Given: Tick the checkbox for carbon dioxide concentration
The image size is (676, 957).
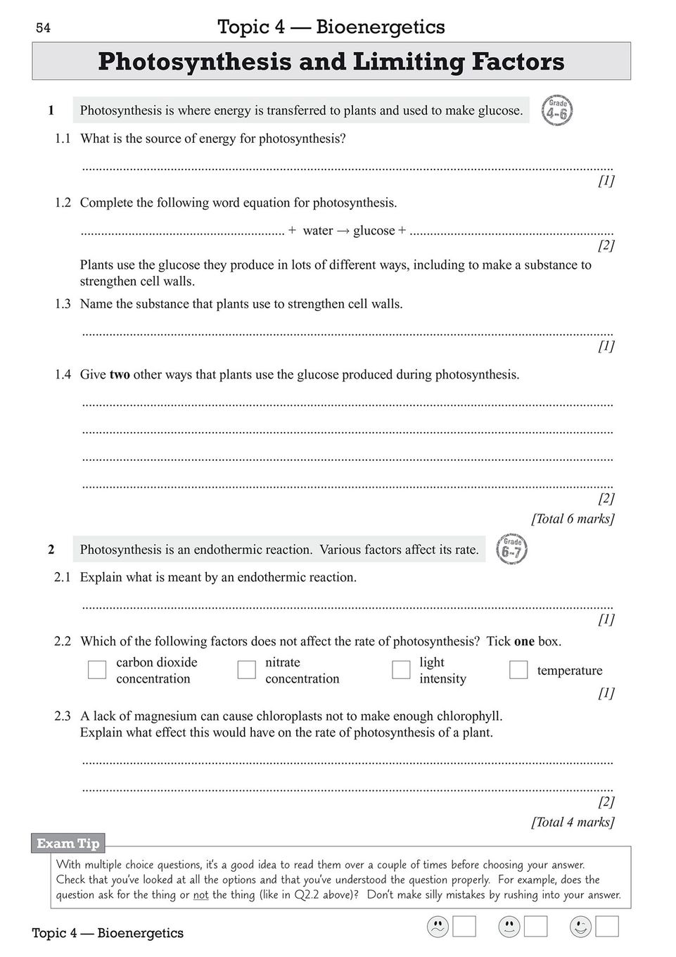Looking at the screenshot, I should [97, 670].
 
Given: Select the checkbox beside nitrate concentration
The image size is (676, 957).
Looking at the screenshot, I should [246, 670].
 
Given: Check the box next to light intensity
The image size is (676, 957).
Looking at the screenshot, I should [401, 670].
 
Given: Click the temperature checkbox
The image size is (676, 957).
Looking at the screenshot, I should [518, 670].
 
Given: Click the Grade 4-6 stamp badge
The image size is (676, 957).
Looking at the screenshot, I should [556, 111].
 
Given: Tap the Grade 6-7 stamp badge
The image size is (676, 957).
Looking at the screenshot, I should [511, 550].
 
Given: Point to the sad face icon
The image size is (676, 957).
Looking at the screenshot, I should [438, 927].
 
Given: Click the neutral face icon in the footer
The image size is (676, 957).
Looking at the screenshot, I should [509, 927].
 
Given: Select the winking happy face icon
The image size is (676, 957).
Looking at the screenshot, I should [580, 927].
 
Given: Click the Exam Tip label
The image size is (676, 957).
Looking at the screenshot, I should [68, 843].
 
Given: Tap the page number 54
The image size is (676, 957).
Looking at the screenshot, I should [43, 28].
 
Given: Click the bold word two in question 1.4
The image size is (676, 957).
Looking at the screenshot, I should [120, 374].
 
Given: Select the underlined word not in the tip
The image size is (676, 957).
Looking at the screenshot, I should [200, 895].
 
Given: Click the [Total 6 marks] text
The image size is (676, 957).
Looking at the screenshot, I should [573, 519].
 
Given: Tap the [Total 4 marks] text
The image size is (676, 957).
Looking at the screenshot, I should [573, 822].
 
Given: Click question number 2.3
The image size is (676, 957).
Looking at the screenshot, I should [63, 716].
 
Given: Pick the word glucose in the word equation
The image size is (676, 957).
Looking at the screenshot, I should [374, 231].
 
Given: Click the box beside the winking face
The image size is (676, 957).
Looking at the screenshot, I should [607, 927].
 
